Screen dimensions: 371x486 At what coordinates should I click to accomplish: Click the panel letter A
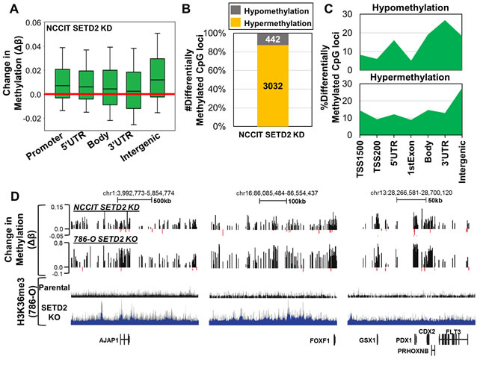[10, 8]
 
